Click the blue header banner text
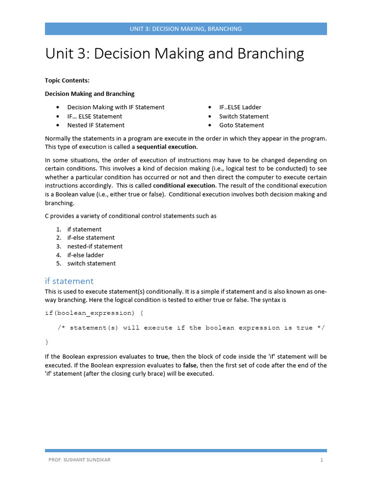(x=186, y=29)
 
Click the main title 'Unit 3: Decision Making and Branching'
(x=174, y=54)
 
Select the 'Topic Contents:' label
(x=67, y=80)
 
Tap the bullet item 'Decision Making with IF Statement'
(x=116, y=107)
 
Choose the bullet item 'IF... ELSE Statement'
(x=94, y=116)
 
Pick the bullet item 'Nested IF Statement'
(x=96, y=125)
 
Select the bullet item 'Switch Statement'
(x=244, y=116)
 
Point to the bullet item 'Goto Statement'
(x=241, y=125)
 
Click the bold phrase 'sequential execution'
(x=167, y=147)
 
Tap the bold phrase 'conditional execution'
(x=184, y=186)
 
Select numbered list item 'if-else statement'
(x=91, y=238)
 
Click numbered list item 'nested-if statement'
(x=95, y=247)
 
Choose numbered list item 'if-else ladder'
(x=85, y=255)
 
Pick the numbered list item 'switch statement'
(x=92, y=263)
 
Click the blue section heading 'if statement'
(x=69, y=281)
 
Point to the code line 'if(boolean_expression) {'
(x=94, y=313)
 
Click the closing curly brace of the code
(x=47, y=342)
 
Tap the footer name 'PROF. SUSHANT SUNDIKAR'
(x=79, y=460)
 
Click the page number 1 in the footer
(x=321, y=460)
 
